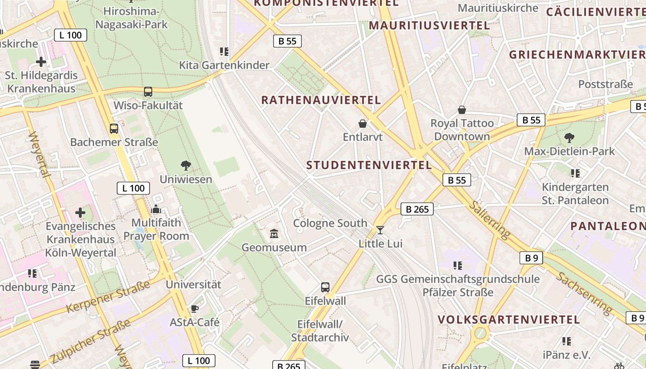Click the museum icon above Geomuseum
click(x=274, y=234)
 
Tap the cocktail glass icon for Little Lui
click(x=380, y=230)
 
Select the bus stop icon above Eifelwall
click(x=325, y=287)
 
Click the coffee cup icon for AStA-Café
click(x=194, y=309)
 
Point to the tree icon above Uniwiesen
click(x=186, y=166)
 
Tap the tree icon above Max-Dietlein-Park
click(x=569, y=137)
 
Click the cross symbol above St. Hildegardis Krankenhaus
click(x=41, y=61)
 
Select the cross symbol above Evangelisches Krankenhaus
click(x=80, y=213)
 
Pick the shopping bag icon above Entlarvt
click(x=363, y=124)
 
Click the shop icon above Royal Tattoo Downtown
click(x=461, y=110)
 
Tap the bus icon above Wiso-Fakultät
click(x=148, y=92)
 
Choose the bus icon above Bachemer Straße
click(x=114, y=129)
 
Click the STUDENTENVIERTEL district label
click(x=369, y=165)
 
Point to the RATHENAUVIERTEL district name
click(x=321, y=100)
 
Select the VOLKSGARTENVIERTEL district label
click(x=508, y=319)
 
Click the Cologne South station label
click(x=330, y=223)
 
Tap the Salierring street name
click(x=490, y=220)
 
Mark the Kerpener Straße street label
click(x=108, y=296)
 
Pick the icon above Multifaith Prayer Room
click(x=156, y=209)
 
